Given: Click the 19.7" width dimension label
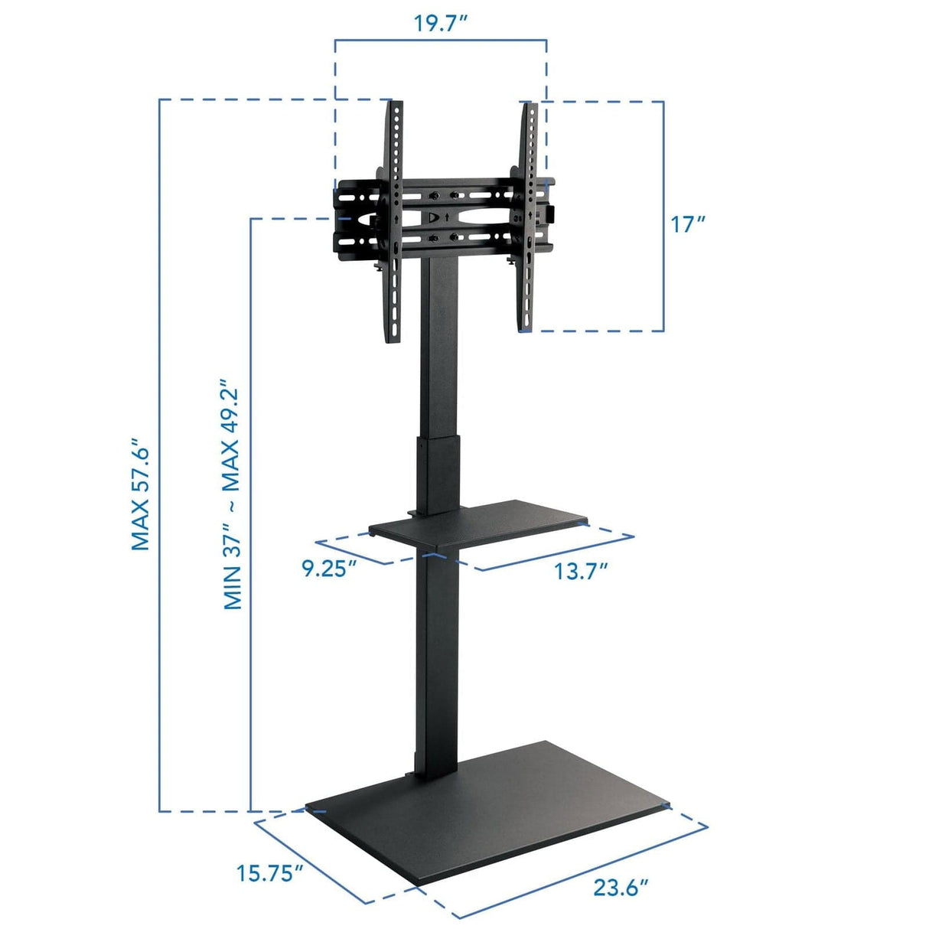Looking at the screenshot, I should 441,22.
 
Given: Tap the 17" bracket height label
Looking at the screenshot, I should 686,224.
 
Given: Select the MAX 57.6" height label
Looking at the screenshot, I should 139,494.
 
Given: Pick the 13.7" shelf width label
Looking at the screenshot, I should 581,571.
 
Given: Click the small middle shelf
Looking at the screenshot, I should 479,522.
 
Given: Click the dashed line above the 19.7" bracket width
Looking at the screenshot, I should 441,40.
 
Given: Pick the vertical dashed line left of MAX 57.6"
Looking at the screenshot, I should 159,459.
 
